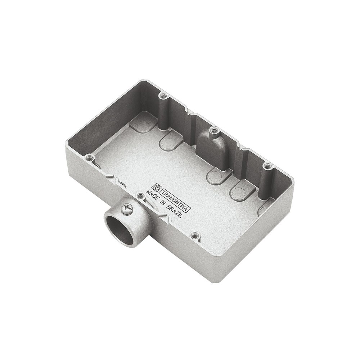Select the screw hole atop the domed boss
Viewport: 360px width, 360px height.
pos(215,130)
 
